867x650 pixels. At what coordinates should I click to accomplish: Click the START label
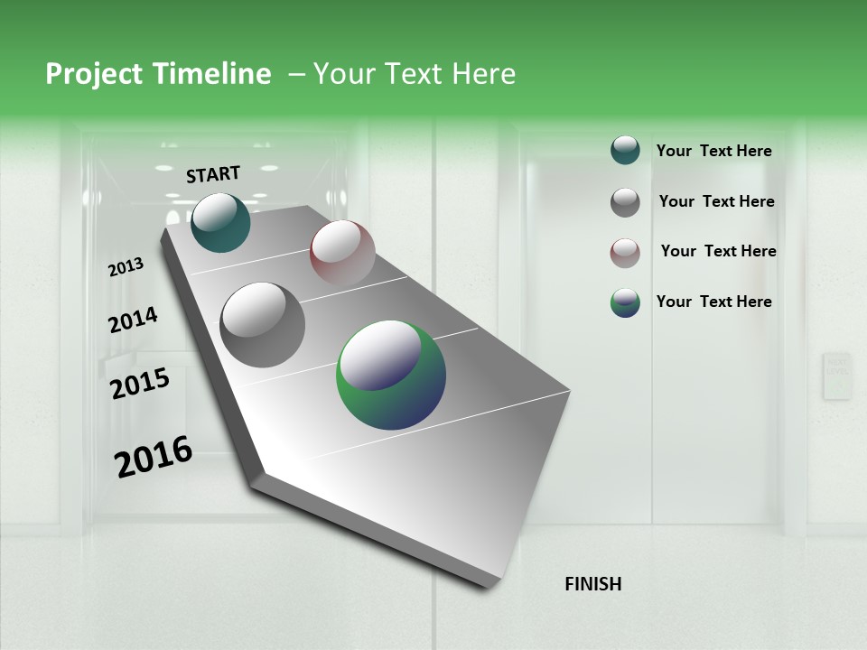(x=213, y=174)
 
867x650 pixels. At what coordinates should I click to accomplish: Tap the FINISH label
(x=592, y=584)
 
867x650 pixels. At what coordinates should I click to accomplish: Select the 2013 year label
(x=126, y=266)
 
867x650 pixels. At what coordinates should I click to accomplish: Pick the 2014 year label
(x=133, y=320)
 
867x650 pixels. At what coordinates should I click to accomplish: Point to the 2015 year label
(x=140, y=384)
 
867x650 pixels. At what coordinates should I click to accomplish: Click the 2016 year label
(x=154, y=456)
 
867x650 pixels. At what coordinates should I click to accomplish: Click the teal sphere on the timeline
(x=220, y=222)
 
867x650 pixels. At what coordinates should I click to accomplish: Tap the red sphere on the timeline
(x=342, y=253)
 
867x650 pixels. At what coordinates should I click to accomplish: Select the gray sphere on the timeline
(x=263, y=325)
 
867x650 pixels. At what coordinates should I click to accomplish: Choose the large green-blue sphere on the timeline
(x=391, y=375)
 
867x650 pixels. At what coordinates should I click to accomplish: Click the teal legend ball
(x=625, y=151)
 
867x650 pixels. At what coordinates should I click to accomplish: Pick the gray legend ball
(x=625, y=202)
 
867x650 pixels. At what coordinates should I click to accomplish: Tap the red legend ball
(x=625, y=253)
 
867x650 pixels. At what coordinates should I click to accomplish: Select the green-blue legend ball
(x=625, y=302)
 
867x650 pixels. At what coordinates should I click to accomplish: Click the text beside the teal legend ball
(x=713, y=151)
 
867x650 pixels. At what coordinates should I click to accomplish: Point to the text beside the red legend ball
(x=718, y=251)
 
